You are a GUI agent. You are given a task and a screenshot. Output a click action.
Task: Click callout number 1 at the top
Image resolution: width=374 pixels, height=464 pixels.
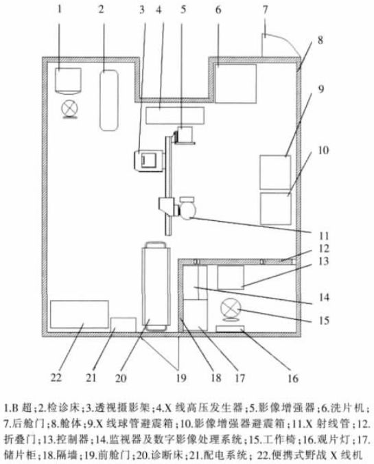coord(60,9)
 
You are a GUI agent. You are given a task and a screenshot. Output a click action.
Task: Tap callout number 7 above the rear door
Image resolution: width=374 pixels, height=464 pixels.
coord(265,9)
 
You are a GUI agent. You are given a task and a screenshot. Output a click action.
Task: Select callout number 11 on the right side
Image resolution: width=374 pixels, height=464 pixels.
coord(324,236)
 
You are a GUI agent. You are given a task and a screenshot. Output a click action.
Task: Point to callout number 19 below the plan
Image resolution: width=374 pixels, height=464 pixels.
coord(180,378)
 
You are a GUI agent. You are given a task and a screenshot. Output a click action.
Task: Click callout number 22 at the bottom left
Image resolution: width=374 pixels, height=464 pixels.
coord(56,378)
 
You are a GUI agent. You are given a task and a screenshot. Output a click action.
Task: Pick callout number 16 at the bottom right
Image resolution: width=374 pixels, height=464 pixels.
coord(292,378)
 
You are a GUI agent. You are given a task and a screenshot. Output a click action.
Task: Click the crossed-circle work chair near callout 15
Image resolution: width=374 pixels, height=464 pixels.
coord(231,310)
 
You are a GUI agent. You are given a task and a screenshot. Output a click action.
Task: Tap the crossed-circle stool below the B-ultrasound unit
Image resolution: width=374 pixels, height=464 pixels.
coord(70,108)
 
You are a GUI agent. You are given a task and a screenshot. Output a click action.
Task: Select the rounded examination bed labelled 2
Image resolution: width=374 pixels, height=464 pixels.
coord(109,100)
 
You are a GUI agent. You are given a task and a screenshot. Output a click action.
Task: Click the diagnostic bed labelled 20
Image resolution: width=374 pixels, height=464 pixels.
coord(156,286)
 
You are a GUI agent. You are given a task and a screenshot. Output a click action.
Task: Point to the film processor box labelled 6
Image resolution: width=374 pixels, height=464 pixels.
coord(235,84)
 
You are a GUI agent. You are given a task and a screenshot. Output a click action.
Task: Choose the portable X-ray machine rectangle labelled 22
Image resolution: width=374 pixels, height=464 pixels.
coord(80,314)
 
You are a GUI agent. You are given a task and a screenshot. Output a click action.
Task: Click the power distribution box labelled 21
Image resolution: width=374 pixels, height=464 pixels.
coord(124,325)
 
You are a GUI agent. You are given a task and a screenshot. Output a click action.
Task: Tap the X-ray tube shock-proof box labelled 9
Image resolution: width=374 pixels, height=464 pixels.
coord(275,172)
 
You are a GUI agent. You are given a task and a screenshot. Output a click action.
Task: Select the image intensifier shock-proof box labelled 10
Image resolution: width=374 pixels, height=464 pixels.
coord(275,209)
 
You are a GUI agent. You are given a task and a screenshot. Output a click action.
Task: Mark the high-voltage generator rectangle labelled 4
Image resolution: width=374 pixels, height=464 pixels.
coord(175,115)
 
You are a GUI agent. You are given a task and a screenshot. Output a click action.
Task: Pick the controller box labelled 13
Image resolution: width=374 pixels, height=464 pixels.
coord(231,277)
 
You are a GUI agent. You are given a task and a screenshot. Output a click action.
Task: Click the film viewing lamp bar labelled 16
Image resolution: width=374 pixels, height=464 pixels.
coord(230,329)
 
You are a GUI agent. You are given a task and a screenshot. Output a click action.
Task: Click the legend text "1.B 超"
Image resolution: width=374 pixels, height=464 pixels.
coord(18,408)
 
